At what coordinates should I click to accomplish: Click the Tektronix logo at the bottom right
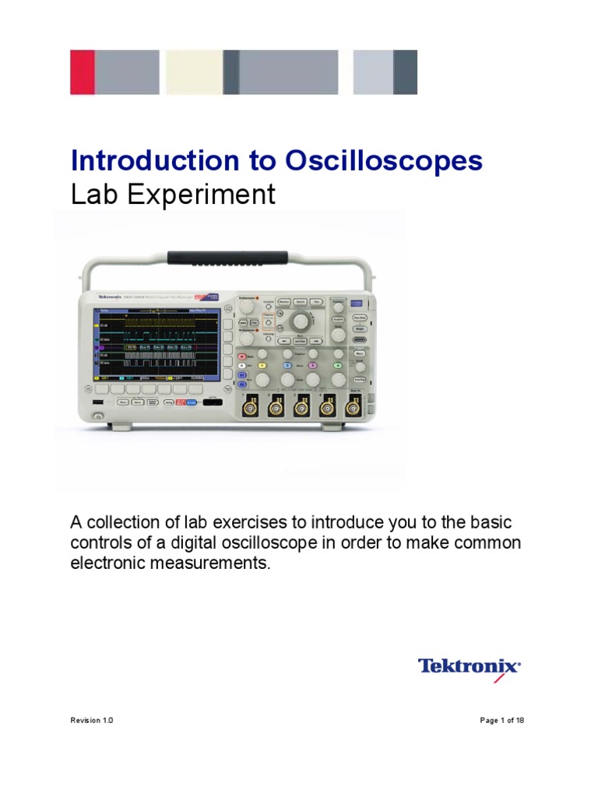[x=470, y=668]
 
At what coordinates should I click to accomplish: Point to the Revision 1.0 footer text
[x=92, y=721]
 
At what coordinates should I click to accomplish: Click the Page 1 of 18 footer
[x=502, y=721]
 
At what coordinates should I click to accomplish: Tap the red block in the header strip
[x=82, y=72]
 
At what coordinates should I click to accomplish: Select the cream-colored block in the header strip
[x=194, y=72]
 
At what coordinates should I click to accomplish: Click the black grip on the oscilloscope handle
[x=230, y=257]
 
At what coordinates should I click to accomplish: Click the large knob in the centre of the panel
[x=298, y=321]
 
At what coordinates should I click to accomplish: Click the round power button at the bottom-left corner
[x=98, y=418]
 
